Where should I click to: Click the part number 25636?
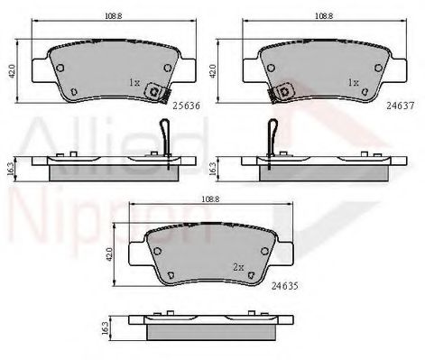tap(186, 106)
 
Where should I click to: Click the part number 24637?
tap(401, 106)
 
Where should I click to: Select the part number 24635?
tap(284, 286)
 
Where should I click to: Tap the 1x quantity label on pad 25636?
tap(134, 82)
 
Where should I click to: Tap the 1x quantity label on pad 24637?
tap(353, 82)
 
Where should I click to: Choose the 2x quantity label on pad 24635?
tap(238, 267)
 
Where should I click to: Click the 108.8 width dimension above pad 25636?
tap(113, 16)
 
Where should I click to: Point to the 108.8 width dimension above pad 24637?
tap(324, 16)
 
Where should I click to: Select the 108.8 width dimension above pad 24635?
tap(210, 199)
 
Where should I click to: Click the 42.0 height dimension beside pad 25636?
tap(12, 71)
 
